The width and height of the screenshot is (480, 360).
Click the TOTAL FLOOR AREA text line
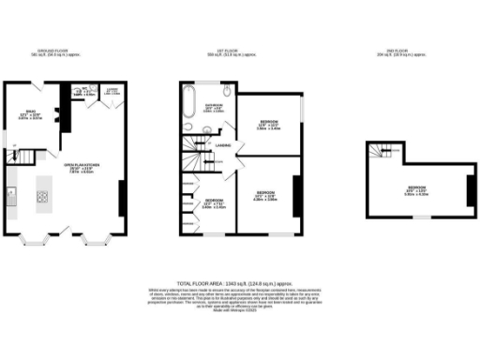click(x=240, y=282)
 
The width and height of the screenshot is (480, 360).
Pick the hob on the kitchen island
click(x=43, y=197)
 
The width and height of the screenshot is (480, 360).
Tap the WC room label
click(x=84, y=91)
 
